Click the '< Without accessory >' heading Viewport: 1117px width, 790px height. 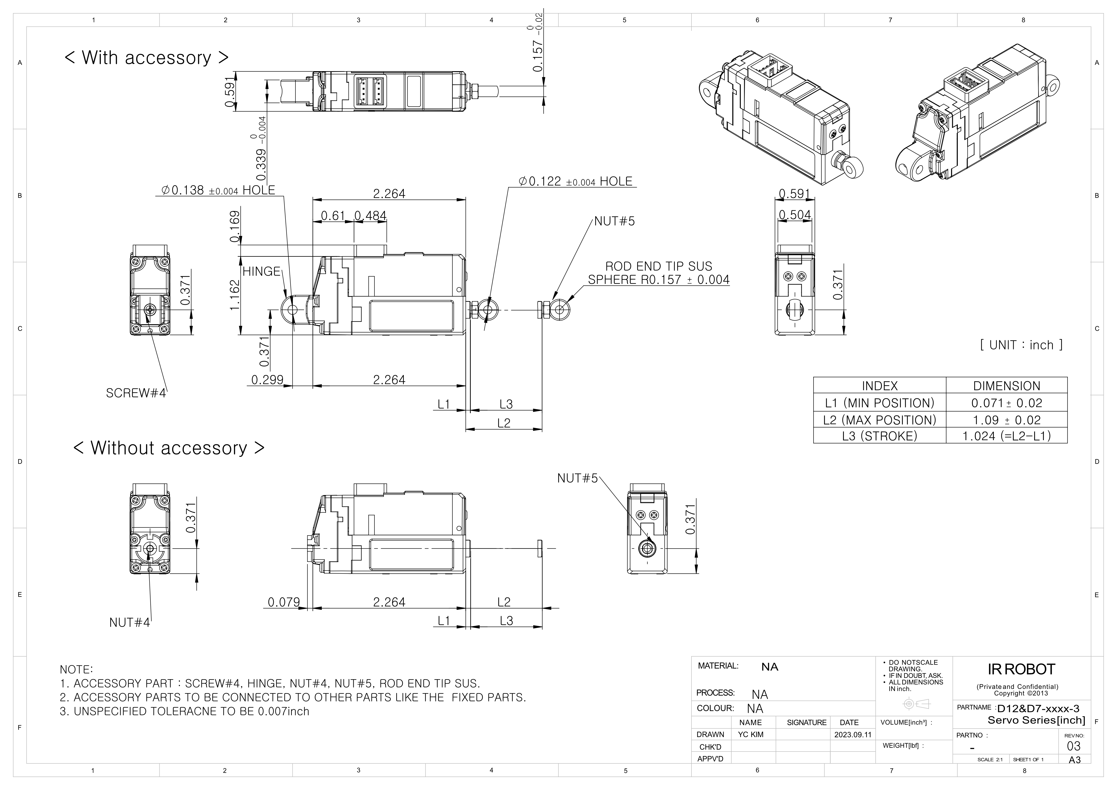(169, 448)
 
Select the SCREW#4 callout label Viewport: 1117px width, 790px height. (136, 393)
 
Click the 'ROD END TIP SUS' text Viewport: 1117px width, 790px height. (658, 267)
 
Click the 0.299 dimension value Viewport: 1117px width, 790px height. (267, 379)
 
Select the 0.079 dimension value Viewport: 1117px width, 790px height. (284, 602)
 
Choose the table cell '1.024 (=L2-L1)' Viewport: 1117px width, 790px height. (1006, 436)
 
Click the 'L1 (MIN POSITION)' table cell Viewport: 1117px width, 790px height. (880, 403)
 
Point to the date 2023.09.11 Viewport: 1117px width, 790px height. (852, 735)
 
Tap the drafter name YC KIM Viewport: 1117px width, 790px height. (750, 735)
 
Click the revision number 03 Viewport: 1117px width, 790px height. (1073, 746)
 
